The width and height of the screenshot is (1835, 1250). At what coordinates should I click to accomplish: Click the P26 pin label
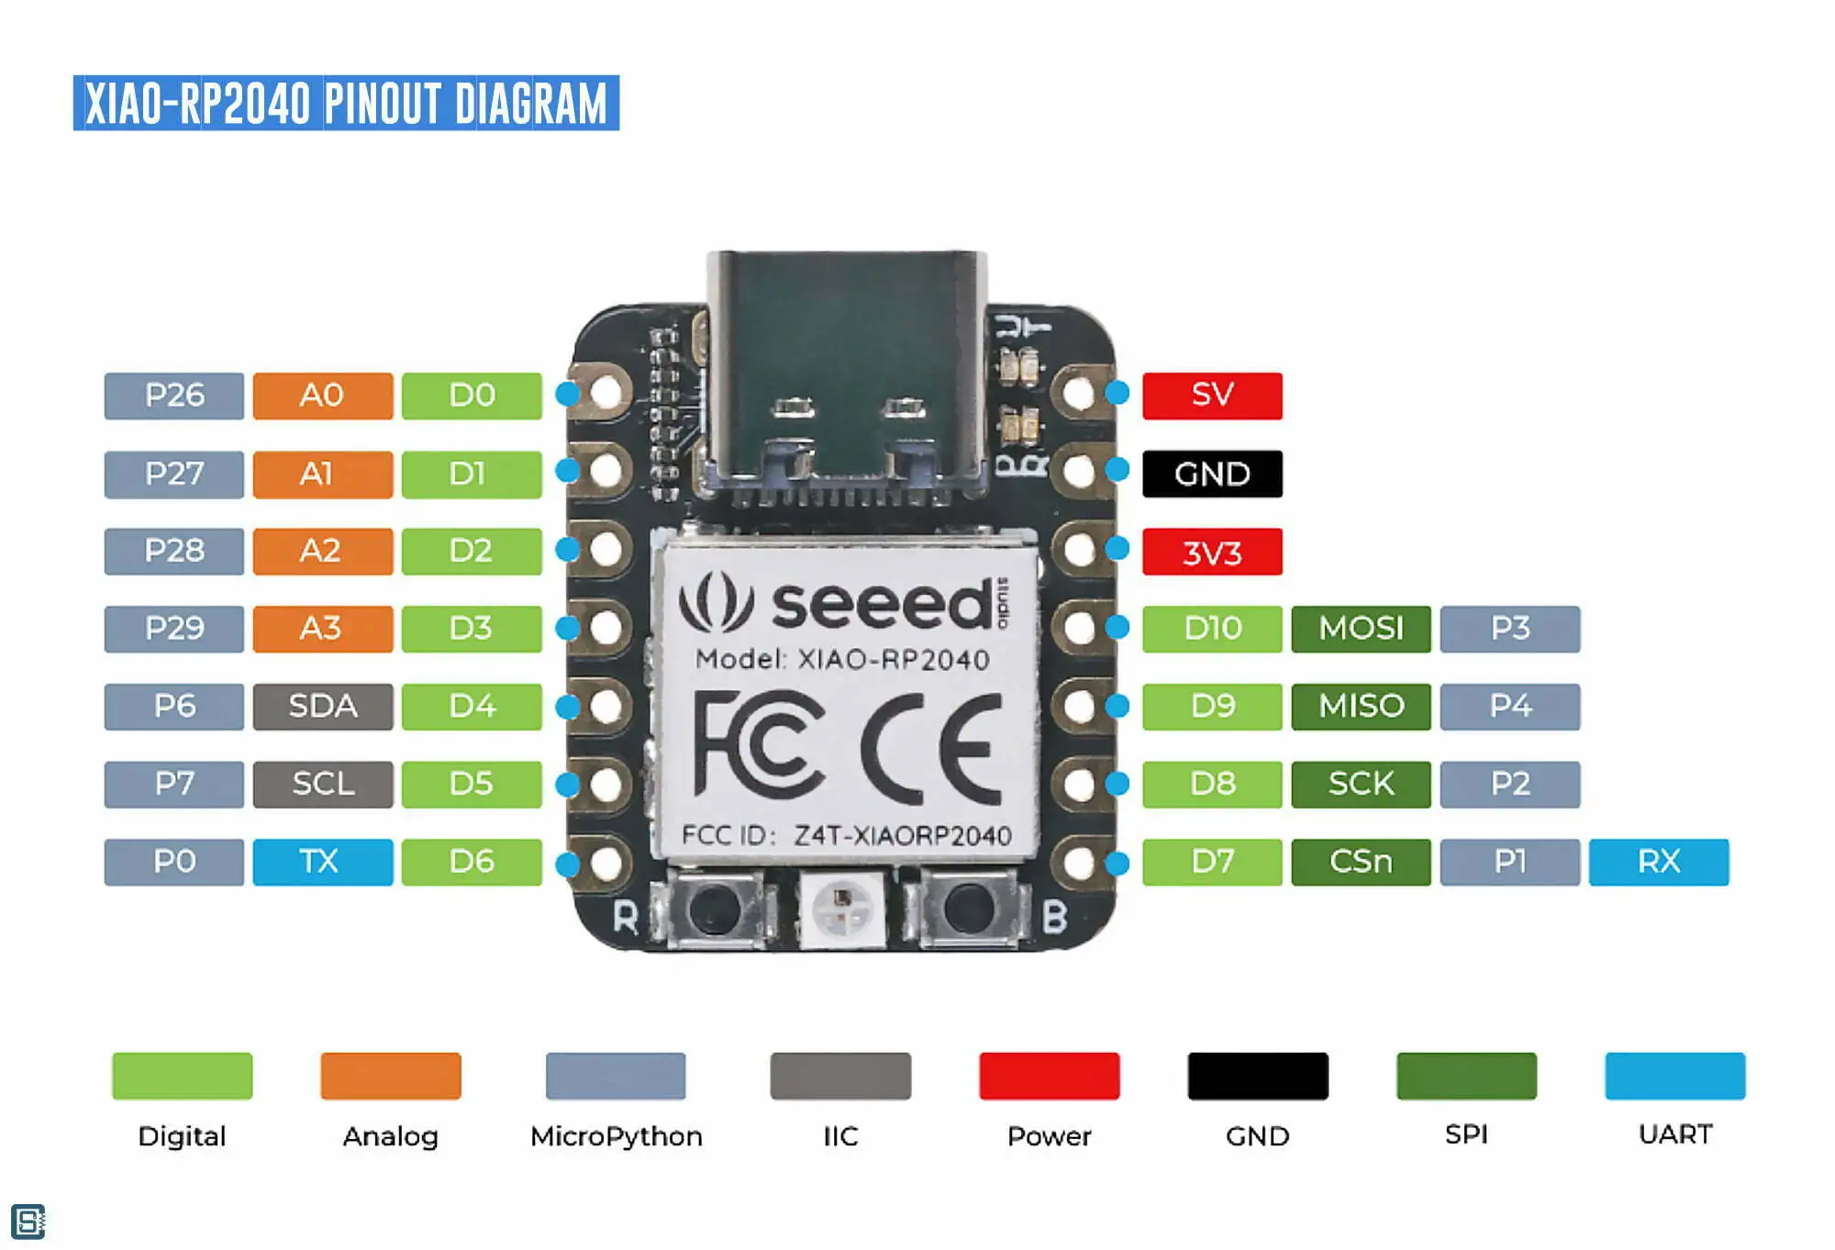click(174, 396)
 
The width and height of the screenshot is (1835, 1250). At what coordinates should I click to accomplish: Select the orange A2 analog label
click(323, 551)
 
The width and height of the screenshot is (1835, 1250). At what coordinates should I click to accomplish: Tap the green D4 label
click(472, 707)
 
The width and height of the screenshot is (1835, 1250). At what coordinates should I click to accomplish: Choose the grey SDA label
click(323, 707)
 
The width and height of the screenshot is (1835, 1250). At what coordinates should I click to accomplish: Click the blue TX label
click(323, 862)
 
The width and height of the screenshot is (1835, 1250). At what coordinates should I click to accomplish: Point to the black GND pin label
click(1212, 474)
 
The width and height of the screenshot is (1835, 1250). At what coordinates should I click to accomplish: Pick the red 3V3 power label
click(1212, 552)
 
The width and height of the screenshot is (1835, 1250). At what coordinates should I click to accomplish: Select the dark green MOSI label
click(1361, 629)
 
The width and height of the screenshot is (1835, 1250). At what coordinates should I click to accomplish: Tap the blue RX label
click(1659, 862)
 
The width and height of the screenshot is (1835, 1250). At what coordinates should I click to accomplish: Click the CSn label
click(1361, 862)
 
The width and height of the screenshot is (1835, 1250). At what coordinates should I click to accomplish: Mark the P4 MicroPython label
click(1510, 707)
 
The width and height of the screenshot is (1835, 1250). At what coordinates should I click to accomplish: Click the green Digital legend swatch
click(182, 1076)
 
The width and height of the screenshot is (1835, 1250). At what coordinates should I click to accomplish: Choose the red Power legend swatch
click(1050, 1076)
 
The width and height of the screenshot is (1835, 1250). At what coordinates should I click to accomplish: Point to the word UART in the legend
click(1675, 1134)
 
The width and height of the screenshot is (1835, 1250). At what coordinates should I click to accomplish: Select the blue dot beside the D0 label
click(568, 394)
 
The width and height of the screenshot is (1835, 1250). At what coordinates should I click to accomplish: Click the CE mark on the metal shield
click(930, 748)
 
